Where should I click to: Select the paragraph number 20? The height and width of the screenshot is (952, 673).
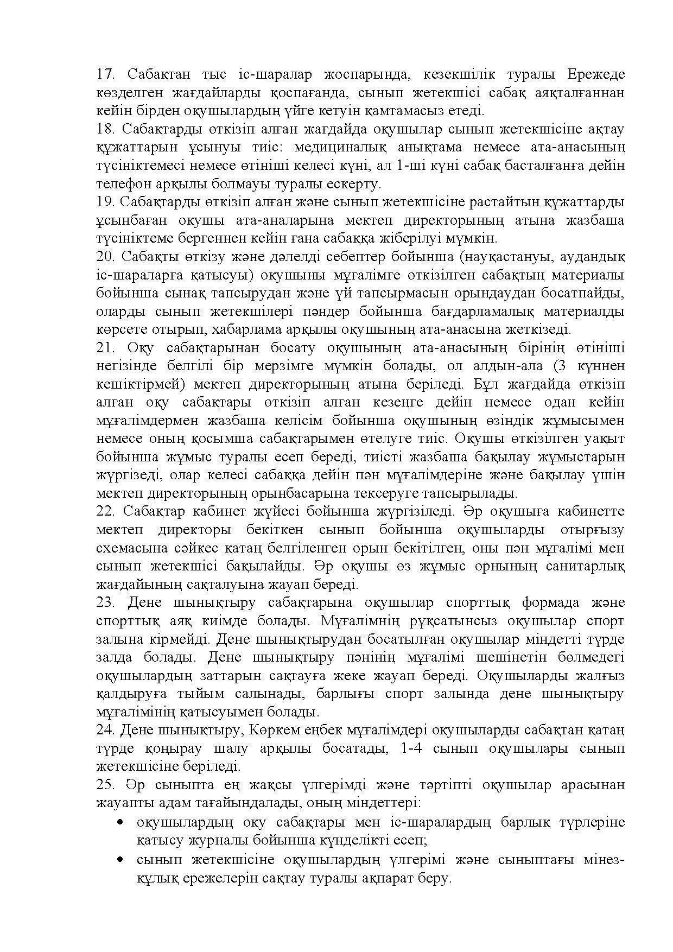pyautogui.click(x=105, y=256)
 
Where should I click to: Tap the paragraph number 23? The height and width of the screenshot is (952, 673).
pyautogui.click(x=105, y=602)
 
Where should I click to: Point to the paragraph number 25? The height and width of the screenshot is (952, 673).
pyautogui.click(x=105, y=785)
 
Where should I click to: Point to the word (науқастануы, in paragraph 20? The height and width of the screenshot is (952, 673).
pyautogui.click(x=519, y=256)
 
